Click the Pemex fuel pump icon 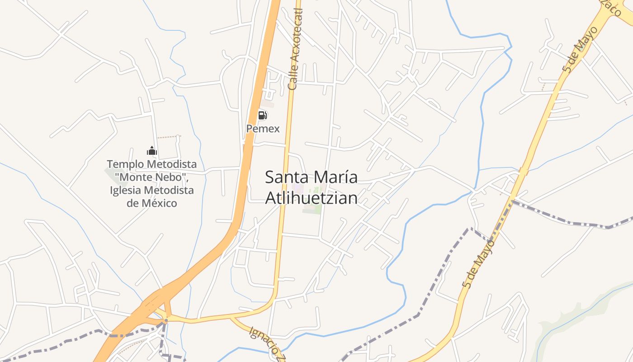(262, 115)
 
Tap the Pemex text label (263, 129)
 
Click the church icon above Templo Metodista (151, 150)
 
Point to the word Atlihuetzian (311, 198)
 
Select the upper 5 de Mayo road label (580, 50)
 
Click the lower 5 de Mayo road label (479, 264)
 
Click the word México (161, 203)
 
